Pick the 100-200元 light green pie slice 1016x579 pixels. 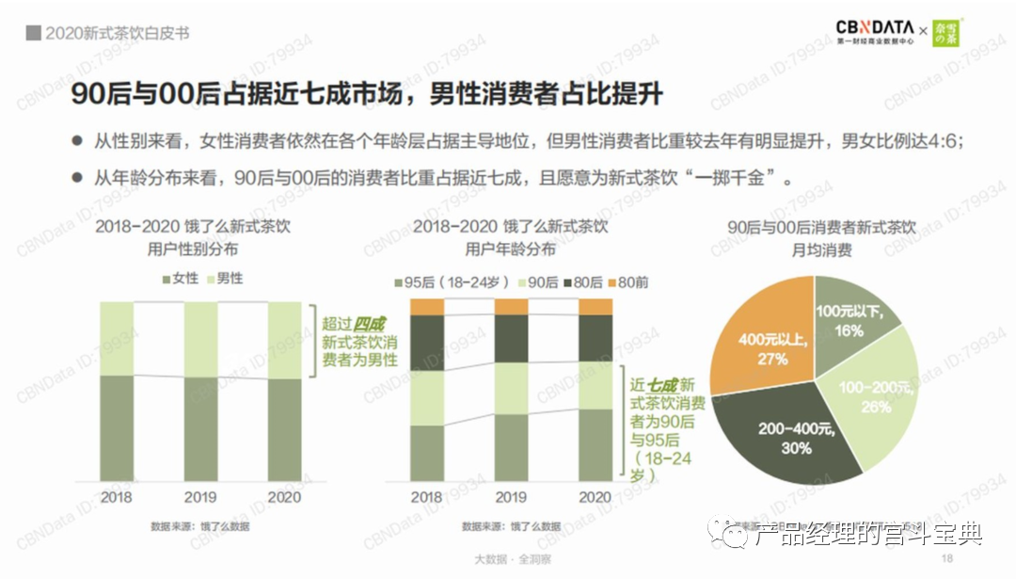pos(875,395)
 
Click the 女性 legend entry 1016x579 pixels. pos(181,279)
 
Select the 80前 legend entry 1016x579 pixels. pos(628,281)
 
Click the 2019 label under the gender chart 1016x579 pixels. pos(200,497)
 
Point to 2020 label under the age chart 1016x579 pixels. pos(595,497)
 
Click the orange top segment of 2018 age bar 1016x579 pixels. pos(426,307)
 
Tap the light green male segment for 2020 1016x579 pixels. pos(285,340)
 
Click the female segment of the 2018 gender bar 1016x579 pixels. pos(117,428)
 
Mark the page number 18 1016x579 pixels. pos(947,558)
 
